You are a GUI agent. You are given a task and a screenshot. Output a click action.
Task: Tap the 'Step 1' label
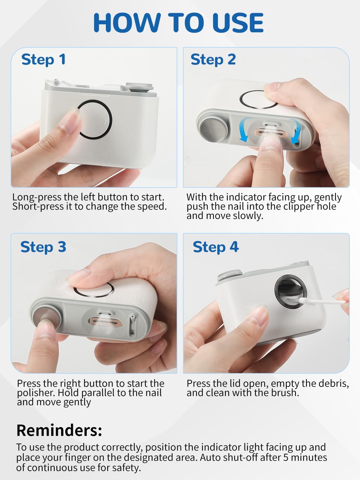pos(44,60)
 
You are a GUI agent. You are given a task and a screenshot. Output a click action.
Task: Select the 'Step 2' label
pos(213,60)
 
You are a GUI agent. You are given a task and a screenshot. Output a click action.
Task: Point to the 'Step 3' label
pos(43,247)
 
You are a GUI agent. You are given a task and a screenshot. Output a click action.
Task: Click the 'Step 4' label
pos(216,247)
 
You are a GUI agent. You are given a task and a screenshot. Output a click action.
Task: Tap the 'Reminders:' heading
pos(59,430)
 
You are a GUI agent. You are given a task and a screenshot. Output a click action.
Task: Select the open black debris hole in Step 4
pos(291,290)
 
